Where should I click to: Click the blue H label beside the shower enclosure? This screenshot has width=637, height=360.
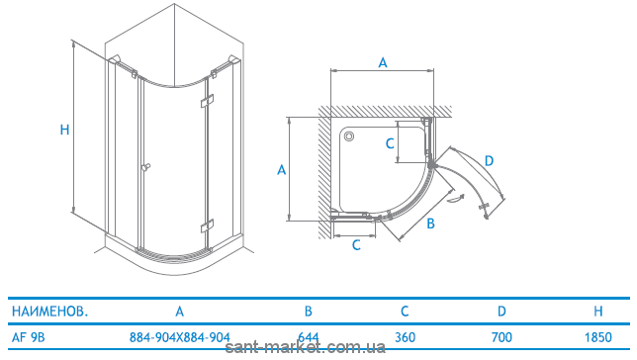tap(64, 130)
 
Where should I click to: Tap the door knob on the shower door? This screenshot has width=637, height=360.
tap(145, 167)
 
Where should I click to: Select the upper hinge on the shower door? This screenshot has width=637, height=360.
tap(207, 100)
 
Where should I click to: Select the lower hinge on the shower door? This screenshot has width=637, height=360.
tap(207, 225)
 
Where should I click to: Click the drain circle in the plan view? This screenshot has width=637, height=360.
tap(349, 136)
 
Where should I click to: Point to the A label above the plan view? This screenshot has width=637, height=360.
tap(383, 62)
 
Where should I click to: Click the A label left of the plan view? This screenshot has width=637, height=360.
tap(282, 169)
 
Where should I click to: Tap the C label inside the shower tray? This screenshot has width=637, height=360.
tap(390, 143)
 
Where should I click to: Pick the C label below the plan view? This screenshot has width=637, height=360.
tap(356, 245)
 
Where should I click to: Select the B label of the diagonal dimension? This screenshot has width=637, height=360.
tap(431, 224)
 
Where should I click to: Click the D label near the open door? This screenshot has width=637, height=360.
tap(489, 161)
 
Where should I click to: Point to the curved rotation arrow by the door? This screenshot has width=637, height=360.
tap(455, 198)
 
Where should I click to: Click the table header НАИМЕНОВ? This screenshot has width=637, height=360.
tap(50, 312)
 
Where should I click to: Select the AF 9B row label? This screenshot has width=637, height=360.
tap(28, 337)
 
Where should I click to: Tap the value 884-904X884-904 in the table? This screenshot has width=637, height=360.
tap(180, 337)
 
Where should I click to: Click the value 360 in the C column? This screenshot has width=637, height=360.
tap(405, 337)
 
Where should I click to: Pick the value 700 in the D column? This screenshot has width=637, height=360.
tap(501, 337)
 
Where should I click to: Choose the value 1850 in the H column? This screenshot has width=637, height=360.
tap(598, 337)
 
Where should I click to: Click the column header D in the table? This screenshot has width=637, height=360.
tap(501, 312)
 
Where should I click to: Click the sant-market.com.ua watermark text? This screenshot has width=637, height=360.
tap(305, 347)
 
